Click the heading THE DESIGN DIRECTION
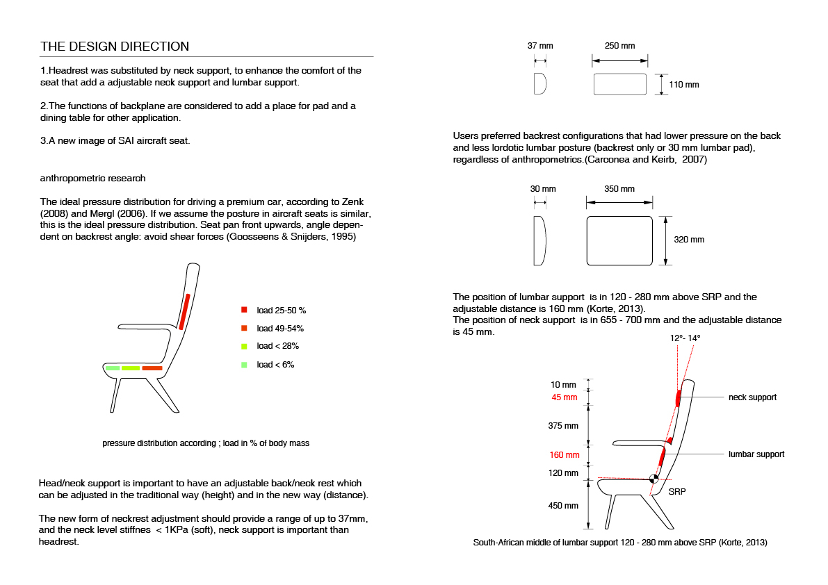click(x=115, y=47)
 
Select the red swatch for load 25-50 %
click(x=244, y=310)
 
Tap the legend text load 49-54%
click(x=280, y=328)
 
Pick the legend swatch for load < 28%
click(x=244, y=346)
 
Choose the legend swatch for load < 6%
click(x=244, y=365)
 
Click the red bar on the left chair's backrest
click(x=184, y=312)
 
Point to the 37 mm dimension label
click(x=540, y=46)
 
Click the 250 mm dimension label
click(x=619, y=46)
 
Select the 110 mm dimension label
click(x=684, y=84)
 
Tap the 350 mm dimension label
click(x=619, y=189)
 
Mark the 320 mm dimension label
click(x=688, y=240)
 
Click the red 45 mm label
click(x=565, y=397)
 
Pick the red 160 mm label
click(x=565, y=454)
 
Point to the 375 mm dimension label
click(x=563, y=426)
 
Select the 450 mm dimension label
click(x=563, y=505)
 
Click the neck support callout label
click(x=752, y=397)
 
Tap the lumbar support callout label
click(x=756, y=454)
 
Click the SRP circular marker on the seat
click(x=654, y=479)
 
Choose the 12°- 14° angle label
click(x=685, y=338)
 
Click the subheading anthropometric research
click(x=93, y=179)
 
